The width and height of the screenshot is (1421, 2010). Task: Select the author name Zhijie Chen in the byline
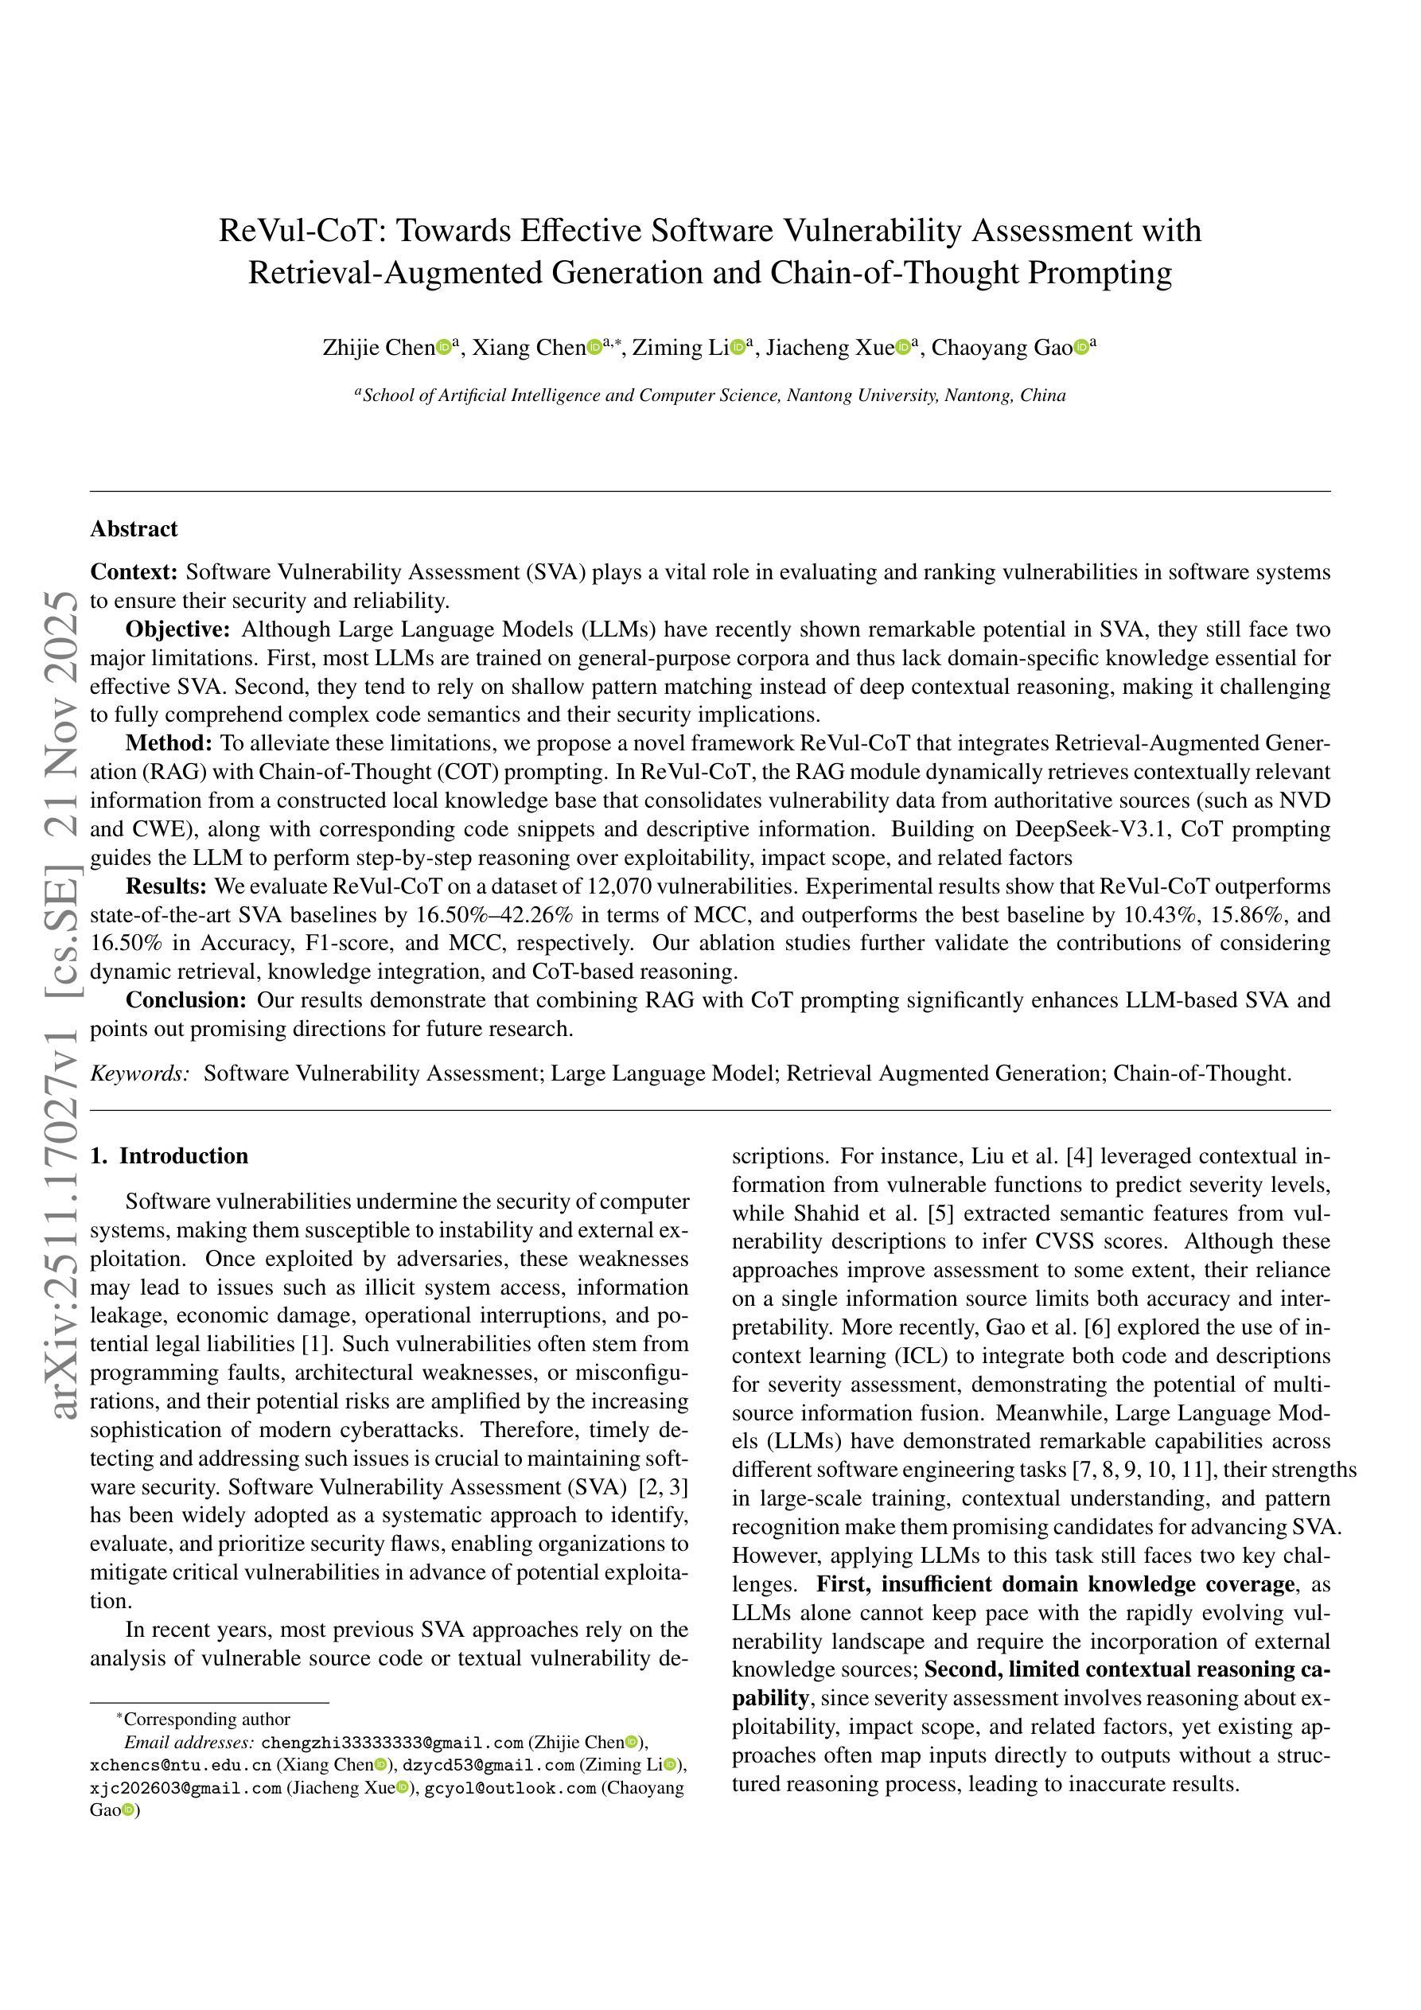pyautogui.click(x=378, y=348)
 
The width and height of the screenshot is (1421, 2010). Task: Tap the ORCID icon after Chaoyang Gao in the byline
pyautogui.click(x=1081, y=348)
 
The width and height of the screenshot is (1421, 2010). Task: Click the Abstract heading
pyautogui.click(x=134, y=529)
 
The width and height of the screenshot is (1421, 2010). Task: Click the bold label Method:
pyautogui.click(x=169, y=743)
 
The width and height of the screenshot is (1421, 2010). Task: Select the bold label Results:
pyautogui.click(x=166, y=886)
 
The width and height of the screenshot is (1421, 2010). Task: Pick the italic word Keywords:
pyautogui.click(x=140, y=1073)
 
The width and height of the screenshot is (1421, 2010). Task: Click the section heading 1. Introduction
pyautogui.click(x=169, y=1155)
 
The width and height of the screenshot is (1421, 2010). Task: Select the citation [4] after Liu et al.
pyautogui.click(x=1079, y=1156)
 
